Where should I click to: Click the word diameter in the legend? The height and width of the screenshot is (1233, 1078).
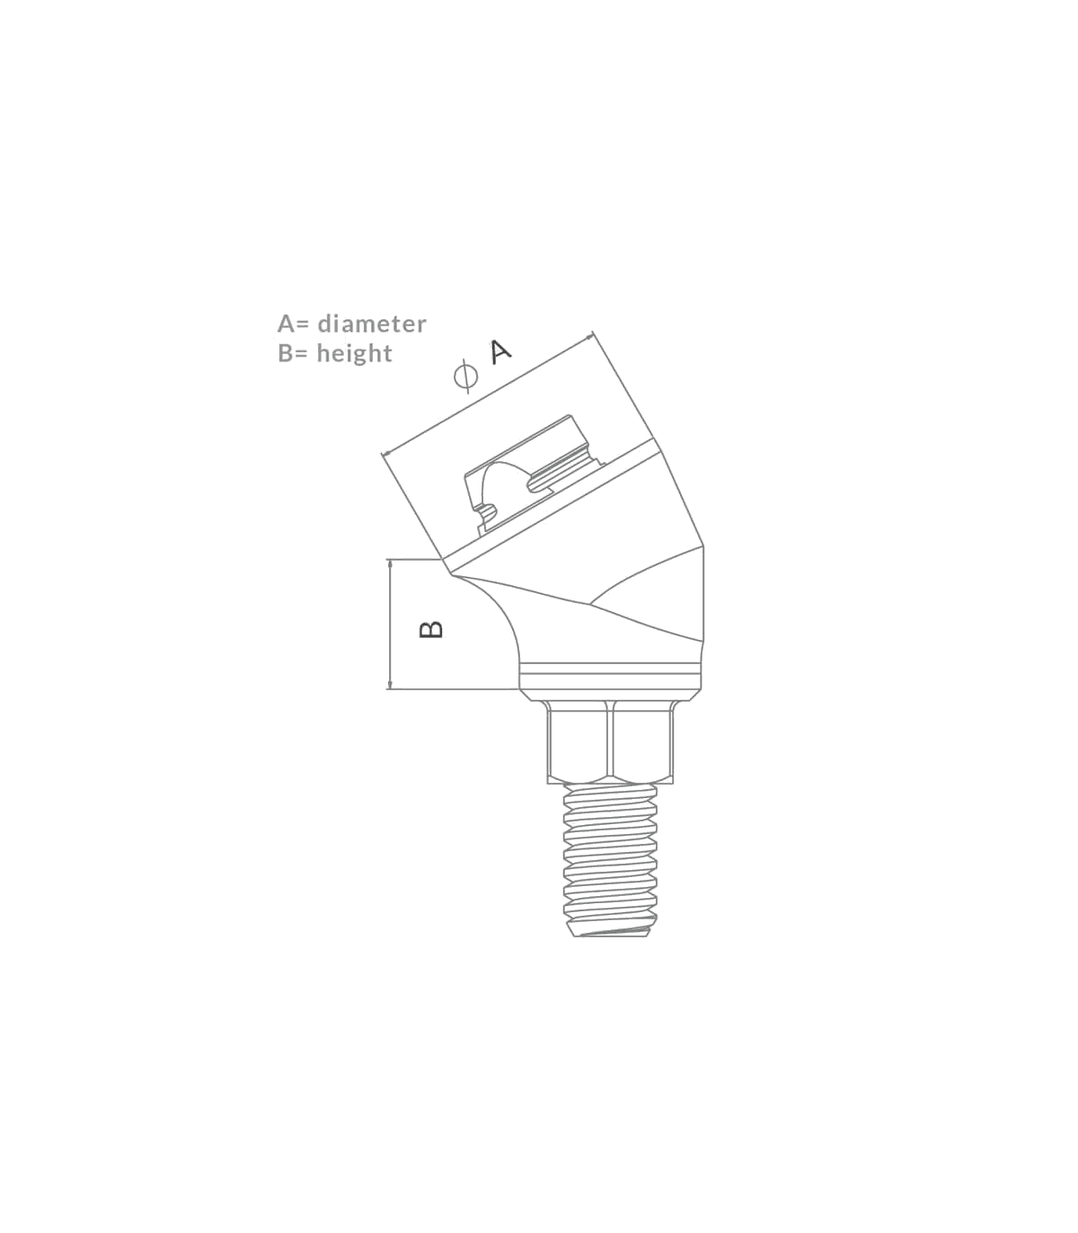(372, 324)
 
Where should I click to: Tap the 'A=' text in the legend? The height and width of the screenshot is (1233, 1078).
(294, 324)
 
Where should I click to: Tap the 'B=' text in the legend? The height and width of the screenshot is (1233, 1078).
(294, 353)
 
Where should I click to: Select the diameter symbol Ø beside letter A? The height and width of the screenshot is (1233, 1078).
(464, 377)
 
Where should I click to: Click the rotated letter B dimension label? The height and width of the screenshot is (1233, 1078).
(432, 628)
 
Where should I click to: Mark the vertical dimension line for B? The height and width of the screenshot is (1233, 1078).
(390, 625)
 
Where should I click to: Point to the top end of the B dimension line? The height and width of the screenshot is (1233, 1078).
(390, 560)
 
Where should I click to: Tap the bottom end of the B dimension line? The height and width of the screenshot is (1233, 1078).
(390, 689)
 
